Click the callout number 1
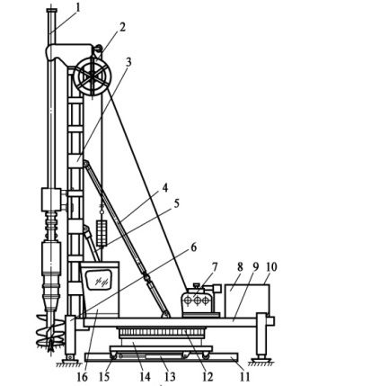pyautogui.click(x=78, y=8)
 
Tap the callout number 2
pyautogui.click(x=121, y=27)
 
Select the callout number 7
pyautogui.click(x=215, y=267)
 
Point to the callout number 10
pyautogui.click(x=271, y=267)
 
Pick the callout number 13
pyautogui.click(x=169, y=377)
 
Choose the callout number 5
pyautogui.click(x=176, y=203)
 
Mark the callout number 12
pyautogui.click(x=208, y=377)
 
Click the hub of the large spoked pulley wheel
pyautogui.click(x=93, y=75)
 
